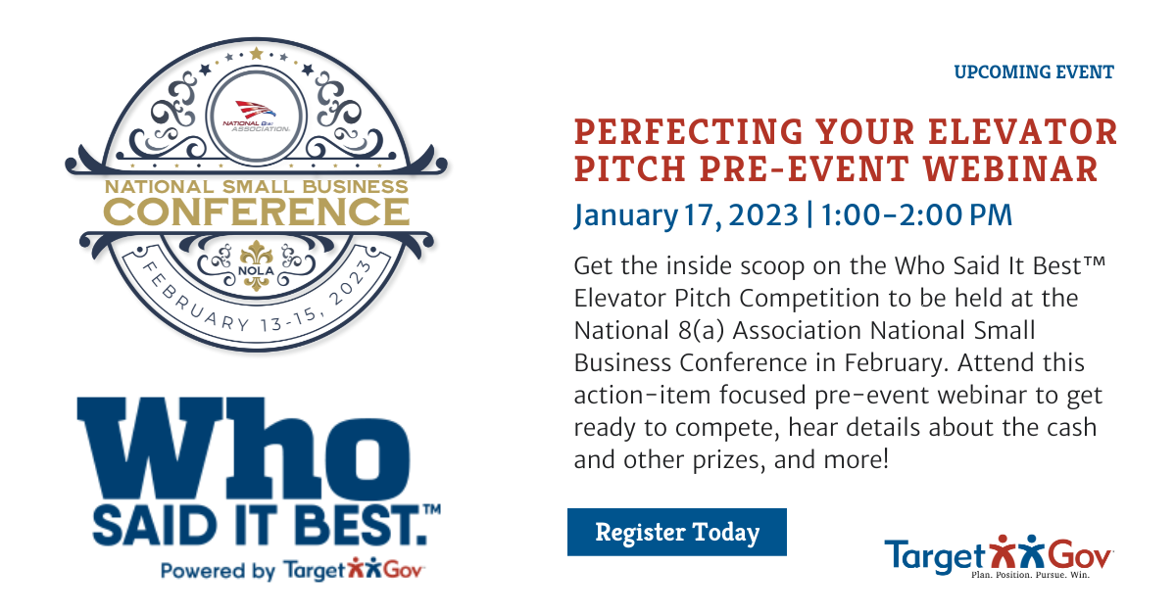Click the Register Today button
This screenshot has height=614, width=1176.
[677, 532]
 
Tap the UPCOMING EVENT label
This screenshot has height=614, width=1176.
[1034, 71]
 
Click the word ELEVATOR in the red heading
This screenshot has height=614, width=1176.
[1023, 131]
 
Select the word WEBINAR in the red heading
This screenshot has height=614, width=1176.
[1010, 168]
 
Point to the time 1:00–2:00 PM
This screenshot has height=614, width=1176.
[916, 214]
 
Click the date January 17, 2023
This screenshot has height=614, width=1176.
[686, 216]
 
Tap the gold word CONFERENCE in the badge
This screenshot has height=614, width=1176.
[256, 213]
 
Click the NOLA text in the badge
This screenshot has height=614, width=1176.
[256, 271]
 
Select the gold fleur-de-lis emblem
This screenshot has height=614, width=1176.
[256, 265]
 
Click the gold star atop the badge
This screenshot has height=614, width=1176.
[256, 53]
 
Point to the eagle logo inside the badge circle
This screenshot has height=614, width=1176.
[256, 110]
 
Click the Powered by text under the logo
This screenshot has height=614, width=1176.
[218, 571]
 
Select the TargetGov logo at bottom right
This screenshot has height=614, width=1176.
[999, 557]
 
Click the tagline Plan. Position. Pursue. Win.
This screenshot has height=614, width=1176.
[1031, 575]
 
